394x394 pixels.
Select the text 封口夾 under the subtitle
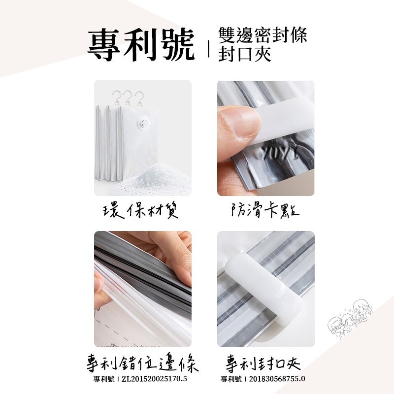point(245,54)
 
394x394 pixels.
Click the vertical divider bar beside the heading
point(209,49)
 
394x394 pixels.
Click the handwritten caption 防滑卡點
point(265,211)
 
